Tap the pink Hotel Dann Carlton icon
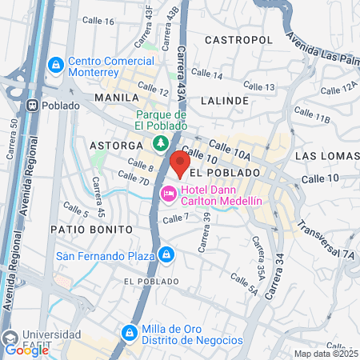[x=169, y=193]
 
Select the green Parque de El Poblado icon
[x=161, y=144]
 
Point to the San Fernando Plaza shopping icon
[x=166, y=255]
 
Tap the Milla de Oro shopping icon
[x=129, y=332]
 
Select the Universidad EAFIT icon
[x=10, y=335]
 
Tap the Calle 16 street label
[x=98, y=21]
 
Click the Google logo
[x=22, y=350]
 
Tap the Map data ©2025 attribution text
[x=325, y=354]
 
